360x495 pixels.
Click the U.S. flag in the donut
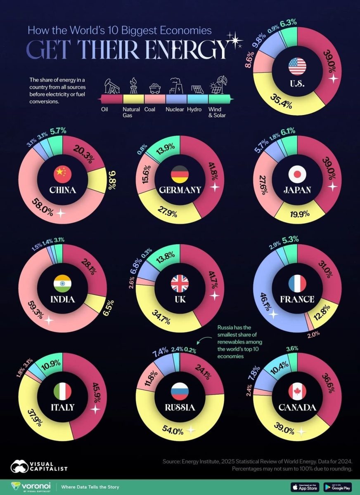(x=297, y=66)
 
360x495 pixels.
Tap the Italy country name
(x=62, y=408)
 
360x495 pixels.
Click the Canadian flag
(x=297, y=391)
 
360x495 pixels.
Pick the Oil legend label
(x=105, y=109)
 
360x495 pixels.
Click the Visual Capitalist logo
(x=39, y=466)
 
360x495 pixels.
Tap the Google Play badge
(x=337, y=487)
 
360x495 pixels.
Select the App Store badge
(x=305, y=487)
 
